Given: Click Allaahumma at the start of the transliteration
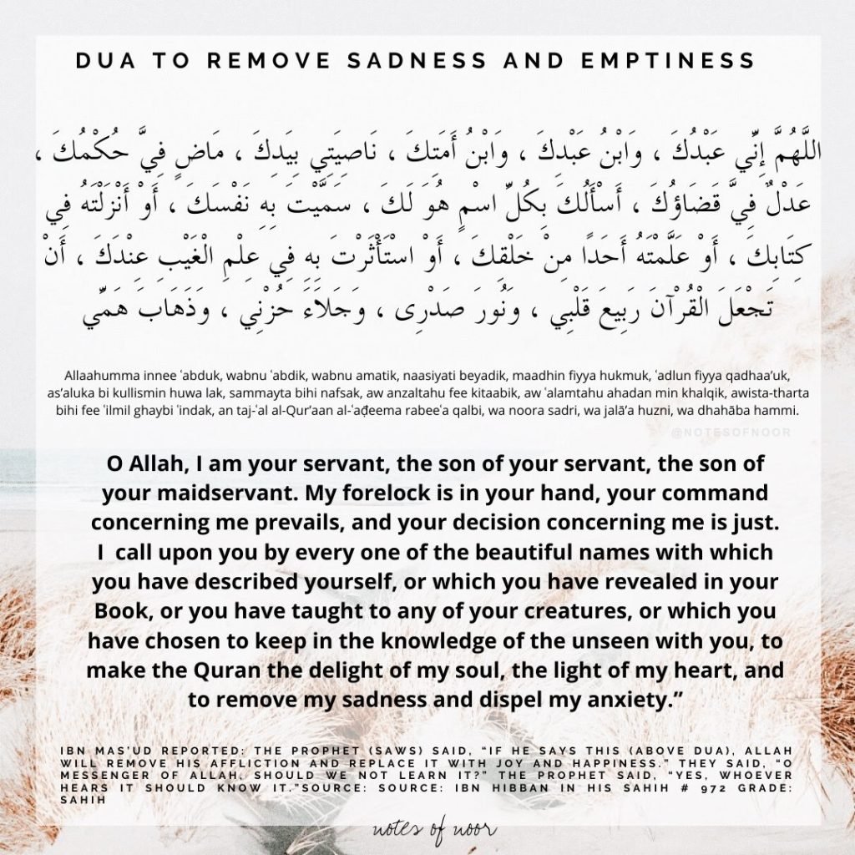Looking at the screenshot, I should [99, 376].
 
